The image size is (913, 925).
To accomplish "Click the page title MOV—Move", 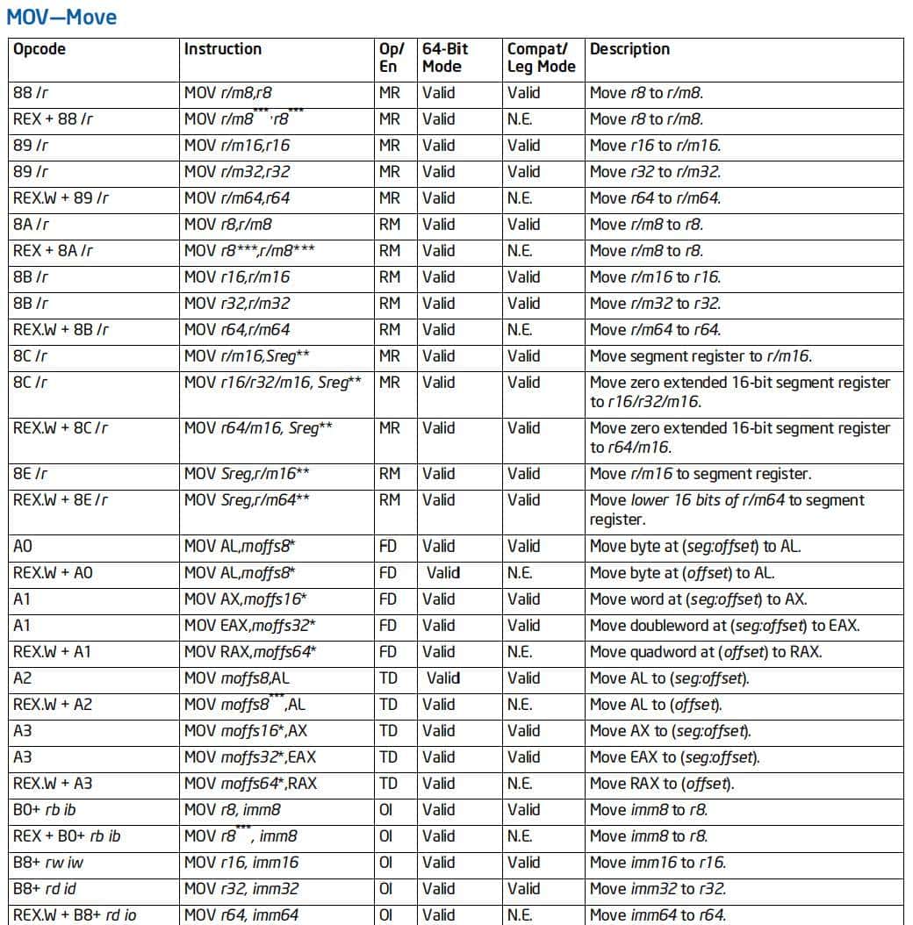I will (x=61, y=17).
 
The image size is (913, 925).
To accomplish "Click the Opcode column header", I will (x=40, y=49).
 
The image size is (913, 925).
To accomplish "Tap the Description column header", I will (x=629, y=49).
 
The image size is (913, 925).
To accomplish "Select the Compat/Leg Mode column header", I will (x=541, y=58).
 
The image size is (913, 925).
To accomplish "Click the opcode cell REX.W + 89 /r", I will (x=61, y=198).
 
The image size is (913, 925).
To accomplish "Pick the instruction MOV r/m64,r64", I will (x=237, y=198).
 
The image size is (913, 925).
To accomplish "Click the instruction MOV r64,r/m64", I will (x=237, y=330).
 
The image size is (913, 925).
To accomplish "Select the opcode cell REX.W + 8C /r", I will (x=61, y=428).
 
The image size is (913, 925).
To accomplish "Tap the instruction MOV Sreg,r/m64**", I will (x=247, y=500).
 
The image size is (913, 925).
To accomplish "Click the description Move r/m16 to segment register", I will (x=701, y=474).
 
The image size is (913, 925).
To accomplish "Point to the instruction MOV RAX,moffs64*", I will (x=250, y=652).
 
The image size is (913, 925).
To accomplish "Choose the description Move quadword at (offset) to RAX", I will (x=706, y=652).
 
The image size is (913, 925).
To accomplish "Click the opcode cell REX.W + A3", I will (x=53, y=784).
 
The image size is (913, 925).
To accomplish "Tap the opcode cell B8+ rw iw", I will (x=49, y=863).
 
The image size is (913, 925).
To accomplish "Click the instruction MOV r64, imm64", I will (x=241, y=915).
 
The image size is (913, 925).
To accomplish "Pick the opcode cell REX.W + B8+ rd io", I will (x=75, y=915).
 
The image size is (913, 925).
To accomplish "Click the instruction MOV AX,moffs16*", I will (x=245, y=599).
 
